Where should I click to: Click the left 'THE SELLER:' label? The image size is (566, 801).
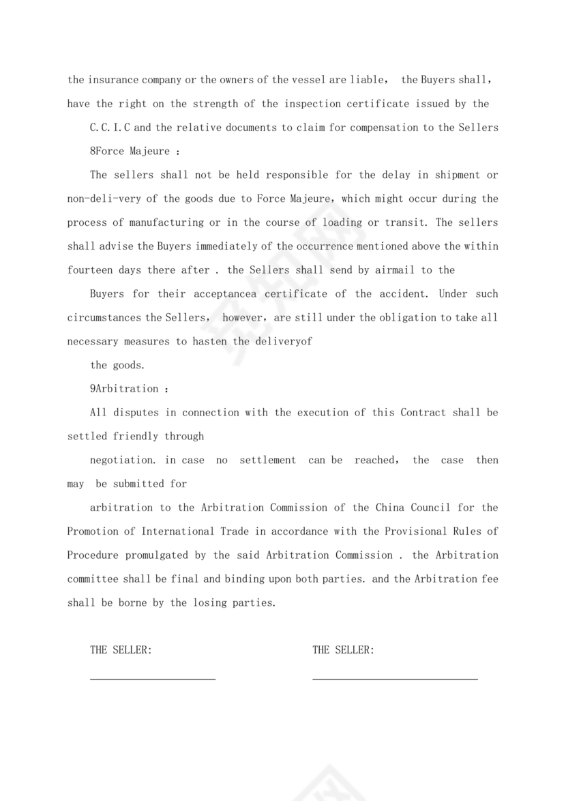pyautogui.click(x=121, y=650)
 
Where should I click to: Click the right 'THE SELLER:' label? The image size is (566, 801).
pyautogui.click(x=343, y=650)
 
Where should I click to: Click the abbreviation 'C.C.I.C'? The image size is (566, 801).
pyautogui.click(x=110, y=128)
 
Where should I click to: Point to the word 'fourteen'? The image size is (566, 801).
pyautogui.click(x=90, y=270)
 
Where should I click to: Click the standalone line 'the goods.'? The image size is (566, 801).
pyautogui.click(x=117, y=366)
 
